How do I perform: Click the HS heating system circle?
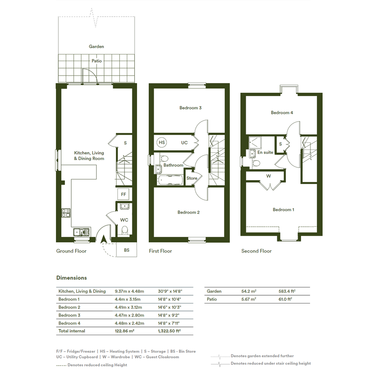(162, 143)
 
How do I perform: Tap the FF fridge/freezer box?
(123, 194)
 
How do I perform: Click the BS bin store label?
(127, 250)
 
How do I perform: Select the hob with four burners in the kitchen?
(66, 213)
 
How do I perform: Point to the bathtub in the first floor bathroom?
(170, 180)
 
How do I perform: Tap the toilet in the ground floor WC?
(125, 230)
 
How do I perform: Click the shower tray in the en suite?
(255, 143)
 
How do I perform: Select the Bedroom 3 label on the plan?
(190, 108)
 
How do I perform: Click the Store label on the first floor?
(192, 178)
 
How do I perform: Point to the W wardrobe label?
(269, 176)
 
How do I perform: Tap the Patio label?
(96, 61)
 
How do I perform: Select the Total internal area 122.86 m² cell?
(125, 331)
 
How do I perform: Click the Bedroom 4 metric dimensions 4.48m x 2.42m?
(129, 323)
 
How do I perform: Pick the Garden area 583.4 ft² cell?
(287, 291)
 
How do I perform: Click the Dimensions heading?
(72, 278)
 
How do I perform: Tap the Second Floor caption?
(256, 251)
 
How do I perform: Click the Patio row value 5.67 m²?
(249, 299)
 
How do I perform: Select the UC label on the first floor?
(184, 143)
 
